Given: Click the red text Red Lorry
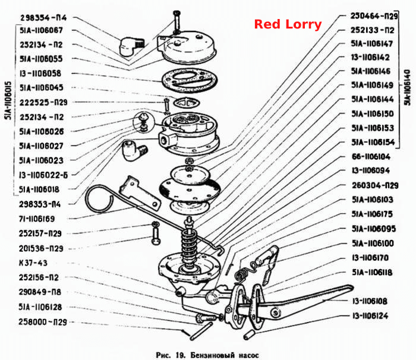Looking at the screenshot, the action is (x=288, y=24).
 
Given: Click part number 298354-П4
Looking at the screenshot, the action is (x=43, y=18).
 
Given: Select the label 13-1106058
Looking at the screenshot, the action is (x=40, y=73).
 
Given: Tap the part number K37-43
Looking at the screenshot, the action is (x=33, y=263).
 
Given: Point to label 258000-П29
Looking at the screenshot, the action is (x=42, y=322).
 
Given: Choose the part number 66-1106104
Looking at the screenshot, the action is (x=371, y=156).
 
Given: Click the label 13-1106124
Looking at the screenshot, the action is (x=370, y=315).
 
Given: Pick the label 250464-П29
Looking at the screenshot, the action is (x=374, y=16).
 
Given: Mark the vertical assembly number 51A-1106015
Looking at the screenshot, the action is (x=8, y=100).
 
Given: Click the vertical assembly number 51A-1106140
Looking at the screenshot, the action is (x=407, y=87).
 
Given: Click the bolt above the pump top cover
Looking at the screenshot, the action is (x=177, y=22).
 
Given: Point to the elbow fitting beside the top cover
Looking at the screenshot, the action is (x=131, y=46).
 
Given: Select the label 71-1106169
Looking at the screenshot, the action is (x=37, y=219).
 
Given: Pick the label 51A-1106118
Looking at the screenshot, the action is (x=372, y=272).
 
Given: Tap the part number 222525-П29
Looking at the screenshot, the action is (x=43, y=102).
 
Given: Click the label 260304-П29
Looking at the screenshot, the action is (x=375, y=185).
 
